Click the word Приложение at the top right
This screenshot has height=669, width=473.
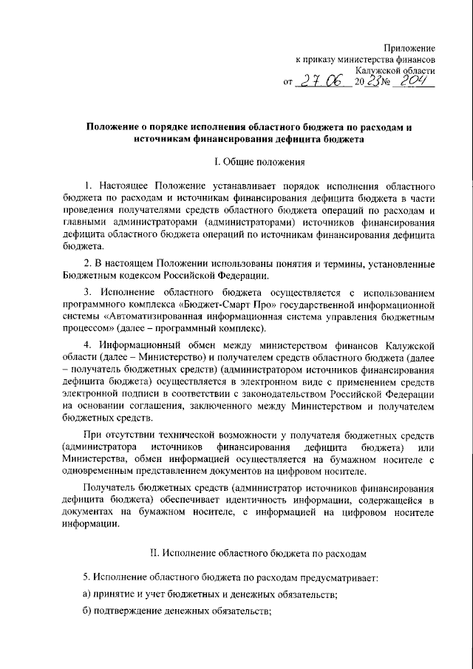[x=410, y=47]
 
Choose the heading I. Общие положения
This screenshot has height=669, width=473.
[x=236, y=161]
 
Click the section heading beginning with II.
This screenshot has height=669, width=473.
[x=236, y=552]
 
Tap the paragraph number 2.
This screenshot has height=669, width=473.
[x=86, y=262]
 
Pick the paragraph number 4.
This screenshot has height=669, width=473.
[x=86, y=346]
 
